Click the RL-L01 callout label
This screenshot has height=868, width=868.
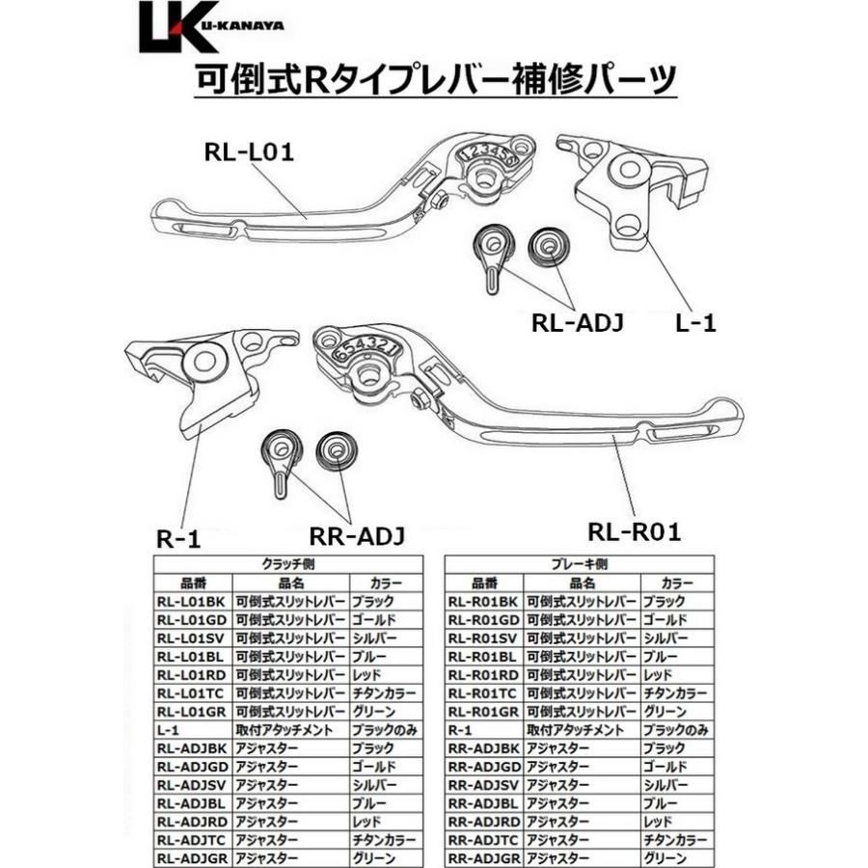(x=248, y=151)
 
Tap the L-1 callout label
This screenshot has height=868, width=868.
(x=695, y=324)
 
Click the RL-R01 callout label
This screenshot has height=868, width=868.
(x=635, y=530)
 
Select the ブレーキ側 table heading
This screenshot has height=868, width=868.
(x=579, y=564)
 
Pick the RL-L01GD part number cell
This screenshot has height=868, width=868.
(x=193, y=619)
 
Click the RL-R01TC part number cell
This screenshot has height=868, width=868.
(x=483, y=693)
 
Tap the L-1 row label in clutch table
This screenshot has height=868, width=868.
(x=168, y=730)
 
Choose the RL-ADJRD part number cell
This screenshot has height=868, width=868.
(x=193, y=821)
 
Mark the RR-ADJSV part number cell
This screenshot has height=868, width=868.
(x=483, y=784)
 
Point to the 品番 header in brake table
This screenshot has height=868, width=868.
(x=483, y=583)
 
